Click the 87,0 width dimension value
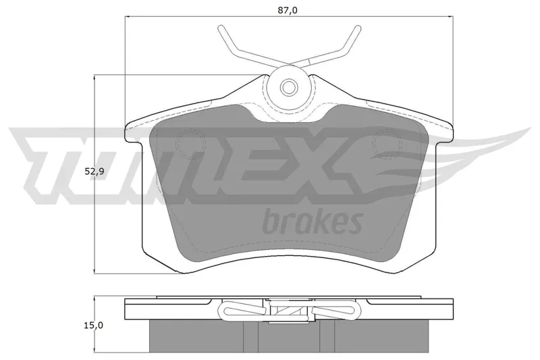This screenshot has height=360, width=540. (x=288, y=10)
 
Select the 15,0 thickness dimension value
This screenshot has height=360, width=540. (x=93, y=325)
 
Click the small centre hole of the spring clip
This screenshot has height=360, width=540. (x=288, y=86)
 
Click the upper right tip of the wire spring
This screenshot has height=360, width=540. (x=358, y=28)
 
